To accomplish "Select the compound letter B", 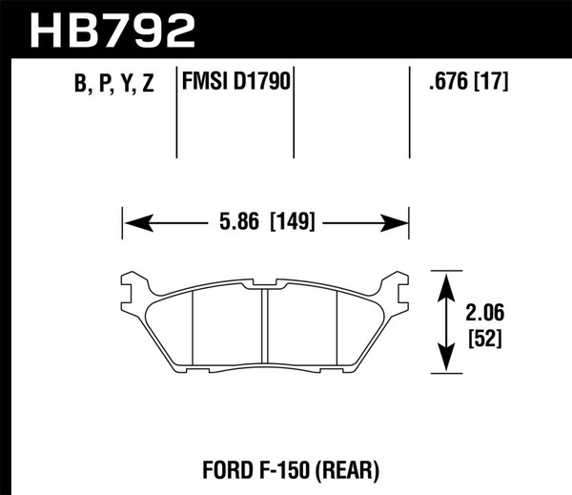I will coord(77,86).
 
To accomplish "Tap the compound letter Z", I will coord(149,86).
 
